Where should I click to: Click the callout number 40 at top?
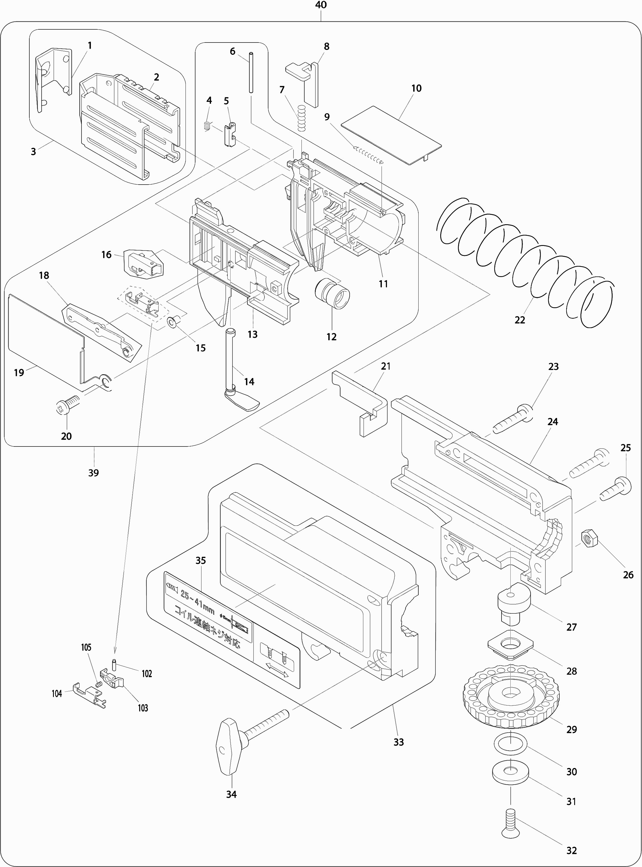(321, 5)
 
